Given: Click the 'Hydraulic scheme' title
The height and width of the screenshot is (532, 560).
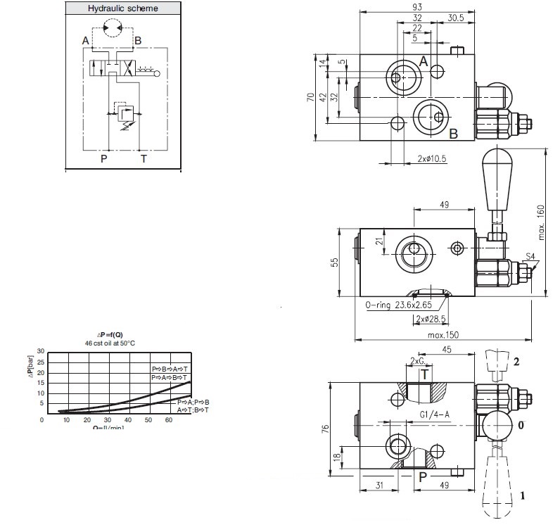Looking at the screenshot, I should coord(122,8).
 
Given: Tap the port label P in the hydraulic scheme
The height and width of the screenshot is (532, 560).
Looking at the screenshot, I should coord(103,158).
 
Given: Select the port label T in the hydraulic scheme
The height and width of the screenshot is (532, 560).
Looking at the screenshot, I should coord(144,158).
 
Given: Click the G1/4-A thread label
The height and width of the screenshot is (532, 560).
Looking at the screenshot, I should coord(434,414).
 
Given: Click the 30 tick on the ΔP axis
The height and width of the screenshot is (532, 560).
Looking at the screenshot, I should coord(40,350).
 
